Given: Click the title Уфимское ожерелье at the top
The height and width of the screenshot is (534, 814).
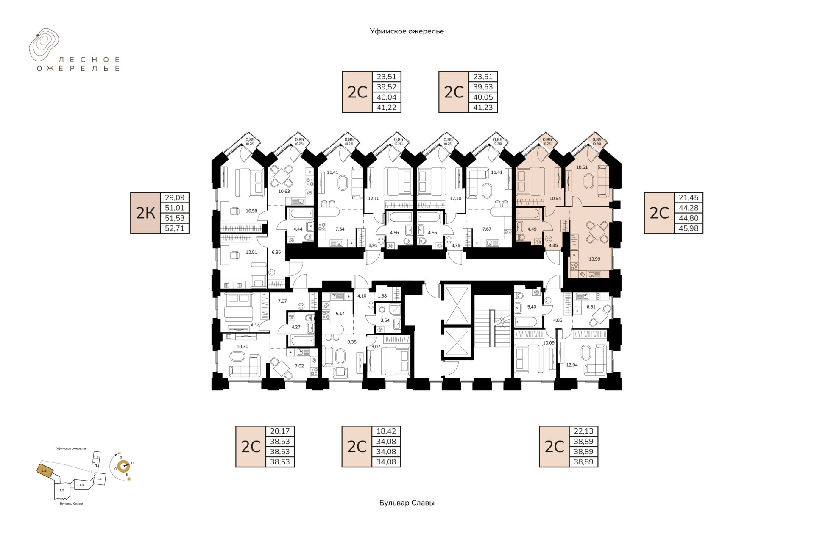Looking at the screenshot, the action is click(x=407, y=31).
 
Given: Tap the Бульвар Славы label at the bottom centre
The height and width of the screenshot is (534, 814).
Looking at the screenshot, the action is click(x=407, y=503).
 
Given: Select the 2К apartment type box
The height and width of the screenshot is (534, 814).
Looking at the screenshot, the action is click(x=145, y=213).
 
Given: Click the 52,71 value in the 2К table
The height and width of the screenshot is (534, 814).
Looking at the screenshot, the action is click(x=175, y=228).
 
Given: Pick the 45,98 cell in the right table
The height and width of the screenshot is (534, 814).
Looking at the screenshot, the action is click(x=689, y=228).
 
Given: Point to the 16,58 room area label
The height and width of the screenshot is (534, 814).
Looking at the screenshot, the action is click(x=251, y=211).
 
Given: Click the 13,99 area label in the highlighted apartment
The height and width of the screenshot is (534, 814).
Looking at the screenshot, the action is click(x=594, y=259).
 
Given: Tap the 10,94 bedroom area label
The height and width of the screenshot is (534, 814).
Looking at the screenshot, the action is click(x=555, y=198).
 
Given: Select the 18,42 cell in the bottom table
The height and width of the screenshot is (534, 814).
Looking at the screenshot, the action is click(x=386, y=431).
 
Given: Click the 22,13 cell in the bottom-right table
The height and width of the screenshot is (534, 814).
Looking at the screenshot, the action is click(x=583, y=431).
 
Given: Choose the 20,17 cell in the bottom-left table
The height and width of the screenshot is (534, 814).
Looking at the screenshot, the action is click(x=280, y=431).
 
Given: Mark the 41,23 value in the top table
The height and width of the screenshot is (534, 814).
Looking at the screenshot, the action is click(x=483, y=108).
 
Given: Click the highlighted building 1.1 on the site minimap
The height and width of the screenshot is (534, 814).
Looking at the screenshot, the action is click(x=45, y=471).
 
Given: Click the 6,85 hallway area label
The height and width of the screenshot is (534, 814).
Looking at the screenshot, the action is click(x=276, y=252).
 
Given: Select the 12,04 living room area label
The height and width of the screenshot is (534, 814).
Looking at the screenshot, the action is click(x=572, y=365).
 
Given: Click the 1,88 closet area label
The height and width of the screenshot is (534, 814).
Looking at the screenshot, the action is click(x=382, y=296).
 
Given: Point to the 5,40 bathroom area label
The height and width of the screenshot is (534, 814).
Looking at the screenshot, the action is click(x=532, y=307).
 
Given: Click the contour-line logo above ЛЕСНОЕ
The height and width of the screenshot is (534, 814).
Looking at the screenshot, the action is click(x=44, y=44).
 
